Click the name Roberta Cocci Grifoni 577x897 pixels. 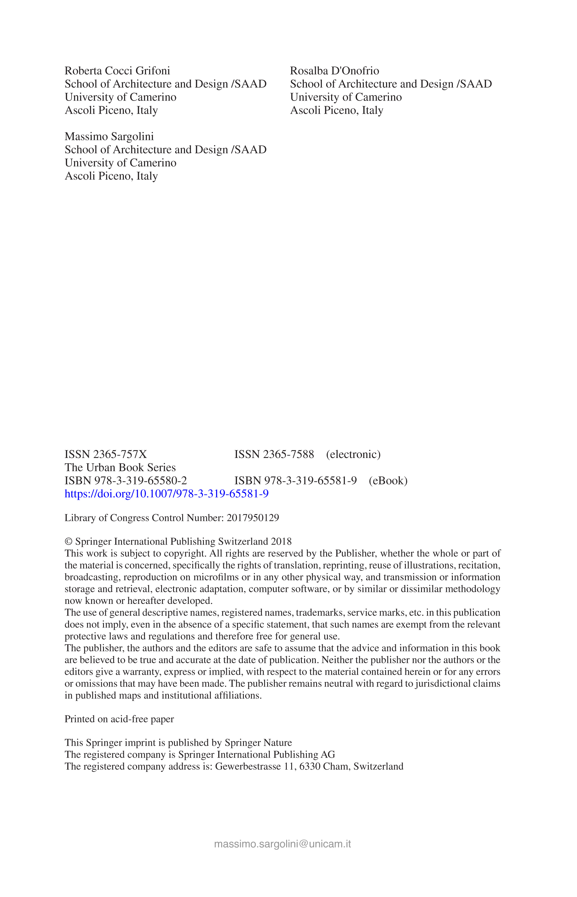(x=117, y=71)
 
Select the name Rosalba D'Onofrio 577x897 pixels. (x=334, y=71)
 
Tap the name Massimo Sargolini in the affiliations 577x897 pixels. (x=109, y=136)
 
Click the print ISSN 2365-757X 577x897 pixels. (x=106, y=454)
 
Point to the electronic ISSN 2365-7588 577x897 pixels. (x=274, y=454)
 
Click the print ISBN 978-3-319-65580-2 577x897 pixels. (x=125, y=480)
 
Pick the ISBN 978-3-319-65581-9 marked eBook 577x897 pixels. (x=295, y=480)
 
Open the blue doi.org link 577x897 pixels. (x=166, y=494)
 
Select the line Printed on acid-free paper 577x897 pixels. (x=119, y=719)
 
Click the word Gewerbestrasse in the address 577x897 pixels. (x=248, y=767)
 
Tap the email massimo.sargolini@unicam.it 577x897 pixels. (x=282, y=844)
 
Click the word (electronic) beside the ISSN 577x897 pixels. (x=353, y=454)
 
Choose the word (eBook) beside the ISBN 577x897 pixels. (x=388, y=480)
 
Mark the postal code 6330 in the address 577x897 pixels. (x=309, y=767)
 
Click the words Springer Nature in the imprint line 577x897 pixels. (x=258, y=743)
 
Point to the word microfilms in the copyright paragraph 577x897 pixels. (x=216, y=577)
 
